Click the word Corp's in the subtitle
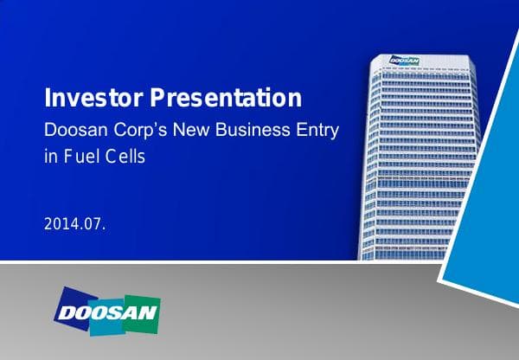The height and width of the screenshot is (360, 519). tap(147, 132)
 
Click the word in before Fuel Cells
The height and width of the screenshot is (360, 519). tap(49, 159)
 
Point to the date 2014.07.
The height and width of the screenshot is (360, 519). tap(74, 225)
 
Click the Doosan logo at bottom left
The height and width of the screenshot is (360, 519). tap(106, 310)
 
